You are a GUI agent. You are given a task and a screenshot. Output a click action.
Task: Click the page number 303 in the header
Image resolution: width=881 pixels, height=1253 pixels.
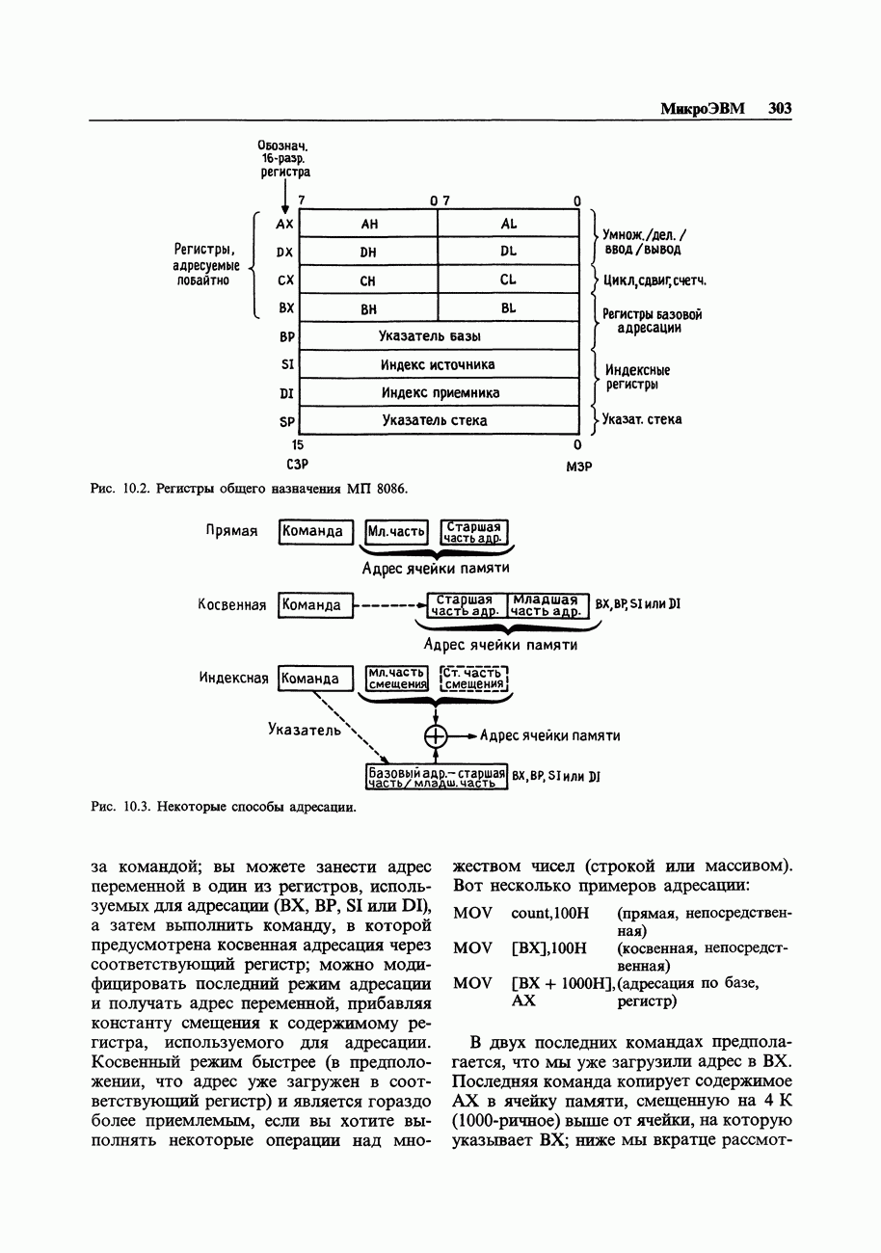(780, 109)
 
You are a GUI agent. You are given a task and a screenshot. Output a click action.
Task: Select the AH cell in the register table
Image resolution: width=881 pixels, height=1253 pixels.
(368, 224)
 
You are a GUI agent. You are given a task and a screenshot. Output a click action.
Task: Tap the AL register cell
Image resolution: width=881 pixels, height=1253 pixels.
(509, 224)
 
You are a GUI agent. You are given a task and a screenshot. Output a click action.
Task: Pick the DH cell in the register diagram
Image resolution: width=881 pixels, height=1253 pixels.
(368, 252)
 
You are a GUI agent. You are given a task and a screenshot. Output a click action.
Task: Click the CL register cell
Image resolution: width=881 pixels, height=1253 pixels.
(509, 280)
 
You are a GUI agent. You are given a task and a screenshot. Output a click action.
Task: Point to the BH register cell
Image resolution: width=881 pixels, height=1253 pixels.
(368, 308)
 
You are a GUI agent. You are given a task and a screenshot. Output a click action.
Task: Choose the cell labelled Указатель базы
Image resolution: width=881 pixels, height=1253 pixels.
(439, 336)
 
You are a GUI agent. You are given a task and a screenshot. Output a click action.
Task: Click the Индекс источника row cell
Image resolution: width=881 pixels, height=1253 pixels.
(439, 364)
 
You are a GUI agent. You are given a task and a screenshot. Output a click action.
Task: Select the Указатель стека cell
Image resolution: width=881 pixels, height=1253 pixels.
(439, 420)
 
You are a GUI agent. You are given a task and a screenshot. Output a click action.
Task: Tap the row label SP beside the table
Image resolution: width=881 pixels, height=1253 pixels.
(285, 421)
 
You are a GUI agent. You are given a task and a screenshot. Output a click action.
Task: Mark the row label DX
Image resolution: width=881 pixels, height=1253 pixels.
(284, 253)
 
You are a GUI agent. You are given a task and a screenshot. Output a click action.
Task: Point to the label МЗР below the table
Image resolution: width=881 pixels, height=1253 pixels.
(578, 467)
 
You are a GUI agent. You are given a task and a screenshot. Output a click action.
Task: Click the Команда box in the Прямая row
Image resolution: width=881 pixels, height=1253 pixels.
(314, 531)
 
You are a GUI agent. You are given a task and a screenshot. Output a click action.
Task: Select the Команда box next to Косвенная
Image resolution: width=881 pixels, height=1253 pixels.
(314, 605)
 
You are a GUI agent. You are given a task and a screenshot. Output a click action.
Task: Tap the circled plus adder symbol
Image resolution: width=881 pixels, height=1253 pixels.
(437, 735)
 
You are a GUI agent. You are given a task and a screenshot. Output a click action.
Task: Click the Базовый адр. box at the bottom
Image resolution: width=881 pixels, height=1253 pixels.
(437, 778)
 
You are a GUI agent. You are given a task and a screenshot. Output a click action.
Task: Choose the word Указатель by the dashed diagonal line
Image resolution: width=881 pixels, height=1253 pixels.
(305, 730)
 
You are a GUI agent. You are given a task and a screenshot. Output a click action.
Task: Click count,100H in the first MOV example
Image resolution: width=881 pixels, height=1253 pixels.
(548, 912)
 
